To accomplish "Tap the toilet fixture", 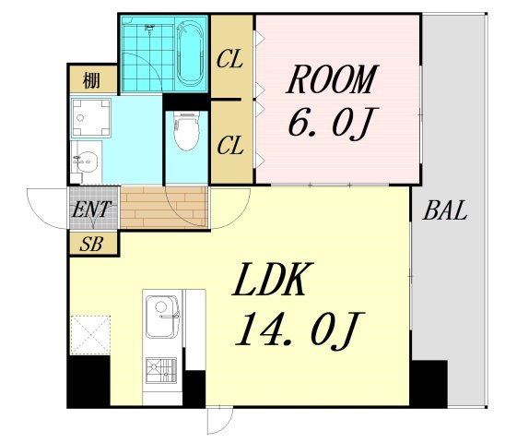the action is point(186,132).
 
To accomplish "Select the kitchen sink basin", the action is point(162,317).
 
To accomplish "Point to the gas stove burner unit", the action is point(161,371).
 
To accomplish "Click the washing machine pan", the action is point(91,118).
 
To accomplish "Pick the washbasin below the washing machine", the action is point(85,162).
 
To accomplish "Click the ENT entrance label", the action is point(91,210).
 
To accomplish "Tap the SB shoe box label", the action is point(91,244).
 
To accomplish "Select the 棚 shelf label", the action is point(91,80).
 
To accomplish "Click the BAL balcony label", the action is point(445,210).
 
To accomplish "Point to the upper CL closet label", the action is point(229,59).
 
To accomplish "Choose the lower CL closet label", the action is point(229,145).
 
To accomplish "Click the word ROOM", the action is point(332,79).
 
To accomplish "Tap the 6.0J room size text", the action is point(333,123).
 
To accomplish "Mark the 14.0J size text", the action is point(299,329).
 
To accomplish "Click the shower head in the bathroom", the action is point(149,28).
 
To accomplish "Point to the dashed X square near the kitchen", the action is point(90,335).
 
